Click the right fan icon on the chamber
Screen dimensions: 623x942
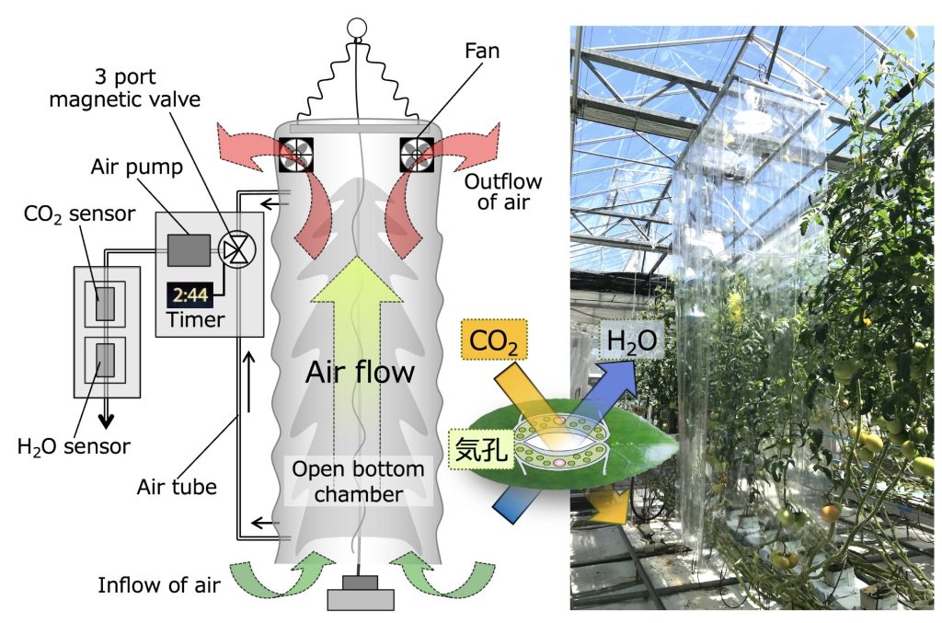coord(419,155)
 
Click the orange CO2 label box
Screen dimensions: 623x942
coord(494,341)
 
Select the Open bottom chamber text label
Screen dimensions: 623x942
coord(357,482)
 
